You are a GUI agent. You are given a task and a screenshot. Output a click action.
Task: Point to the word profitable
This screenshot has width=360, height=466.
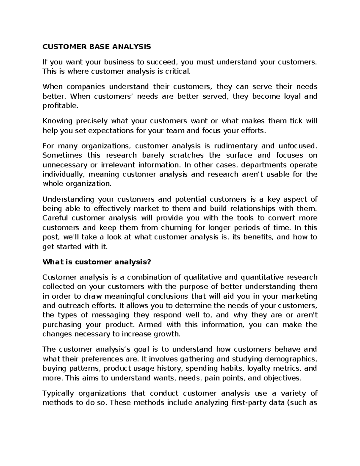click(x=60, y=106)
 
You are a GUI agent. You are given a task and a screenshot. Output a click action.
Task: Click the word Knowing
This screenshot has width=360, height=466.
click(x=58, y=121)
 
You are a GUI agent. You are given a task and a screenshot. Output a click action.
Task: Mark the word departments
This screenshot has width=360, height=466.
click(x=258, y=165)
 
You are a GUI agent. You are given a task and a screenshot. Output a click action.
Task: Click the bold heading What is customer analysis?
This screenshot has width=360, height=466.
click(x=97, y=262)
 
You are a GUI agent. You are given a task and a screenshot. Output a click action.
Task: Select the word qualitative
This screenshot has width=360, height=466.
click(x=201, y=277)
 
